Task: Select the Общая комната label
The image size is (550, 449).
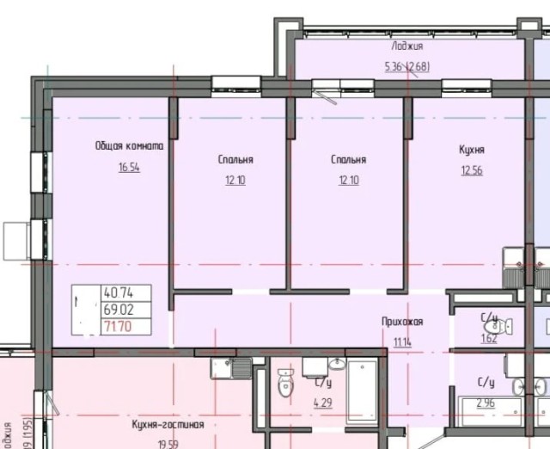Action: coord(129,146)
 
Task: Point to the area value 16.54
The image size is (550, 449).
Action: coord(129,168)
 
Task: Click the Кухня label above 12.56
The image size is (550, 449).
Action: coord(472,149)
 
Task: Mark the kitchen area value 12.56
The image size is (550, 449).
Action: coord(472,169)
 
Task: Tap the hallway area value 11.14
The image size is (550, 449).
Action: coord(402,342)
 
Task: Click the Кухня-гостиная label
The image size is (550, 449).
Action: coord(168,425)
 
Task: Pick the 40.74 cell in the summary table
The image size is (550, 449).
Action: coord(114,292)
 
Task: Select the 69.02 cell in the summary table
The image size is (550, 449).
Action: coord(114,309)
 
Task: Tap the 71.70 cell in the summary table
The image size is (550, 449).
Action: coord(114,325)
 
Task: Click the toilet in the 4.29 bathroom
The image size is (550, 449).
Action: coord(286,384)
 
